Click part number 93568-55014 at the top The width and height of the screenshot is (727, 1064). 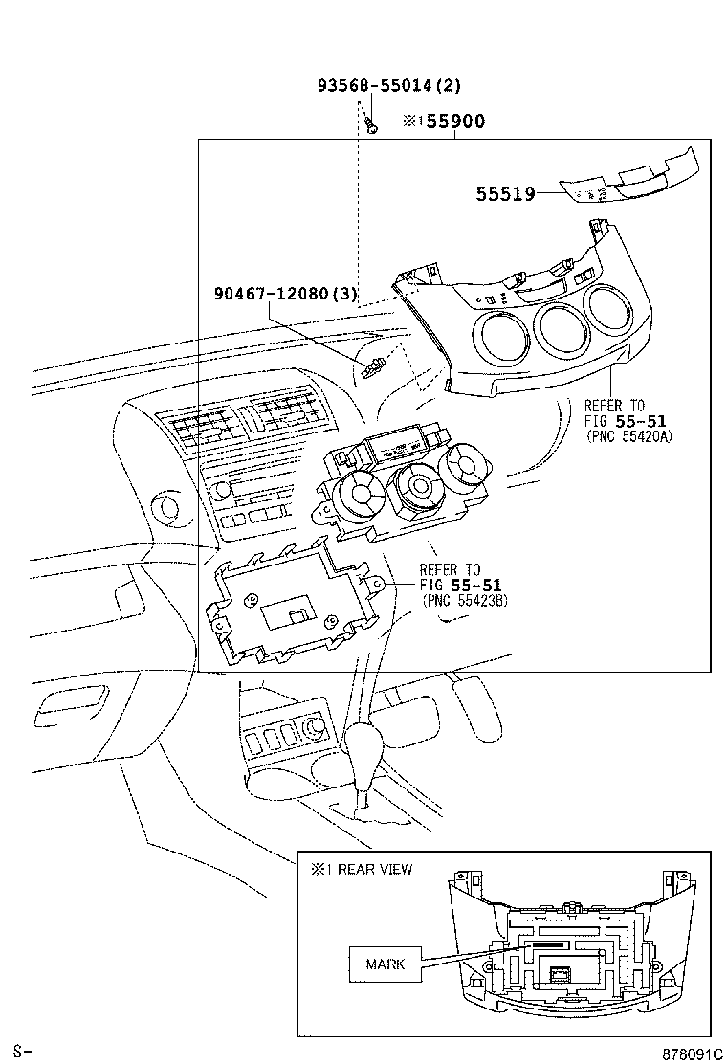[x=388, y=85]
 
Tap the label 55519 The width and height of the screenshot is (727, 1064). [x=505, y=194]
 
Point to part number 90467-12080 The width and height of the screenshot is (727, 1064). [x=285, y=295]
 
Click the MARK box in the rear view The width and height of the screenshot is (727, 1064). [x=386, y=964]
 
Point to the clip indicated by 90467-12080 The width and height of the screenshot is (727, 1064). [x=375, y=366]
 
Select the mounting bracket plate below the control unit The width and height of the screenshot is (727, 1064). [x=287, y=609]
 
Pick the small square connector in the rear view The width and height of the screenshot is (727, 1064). [x=560, y=975]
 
